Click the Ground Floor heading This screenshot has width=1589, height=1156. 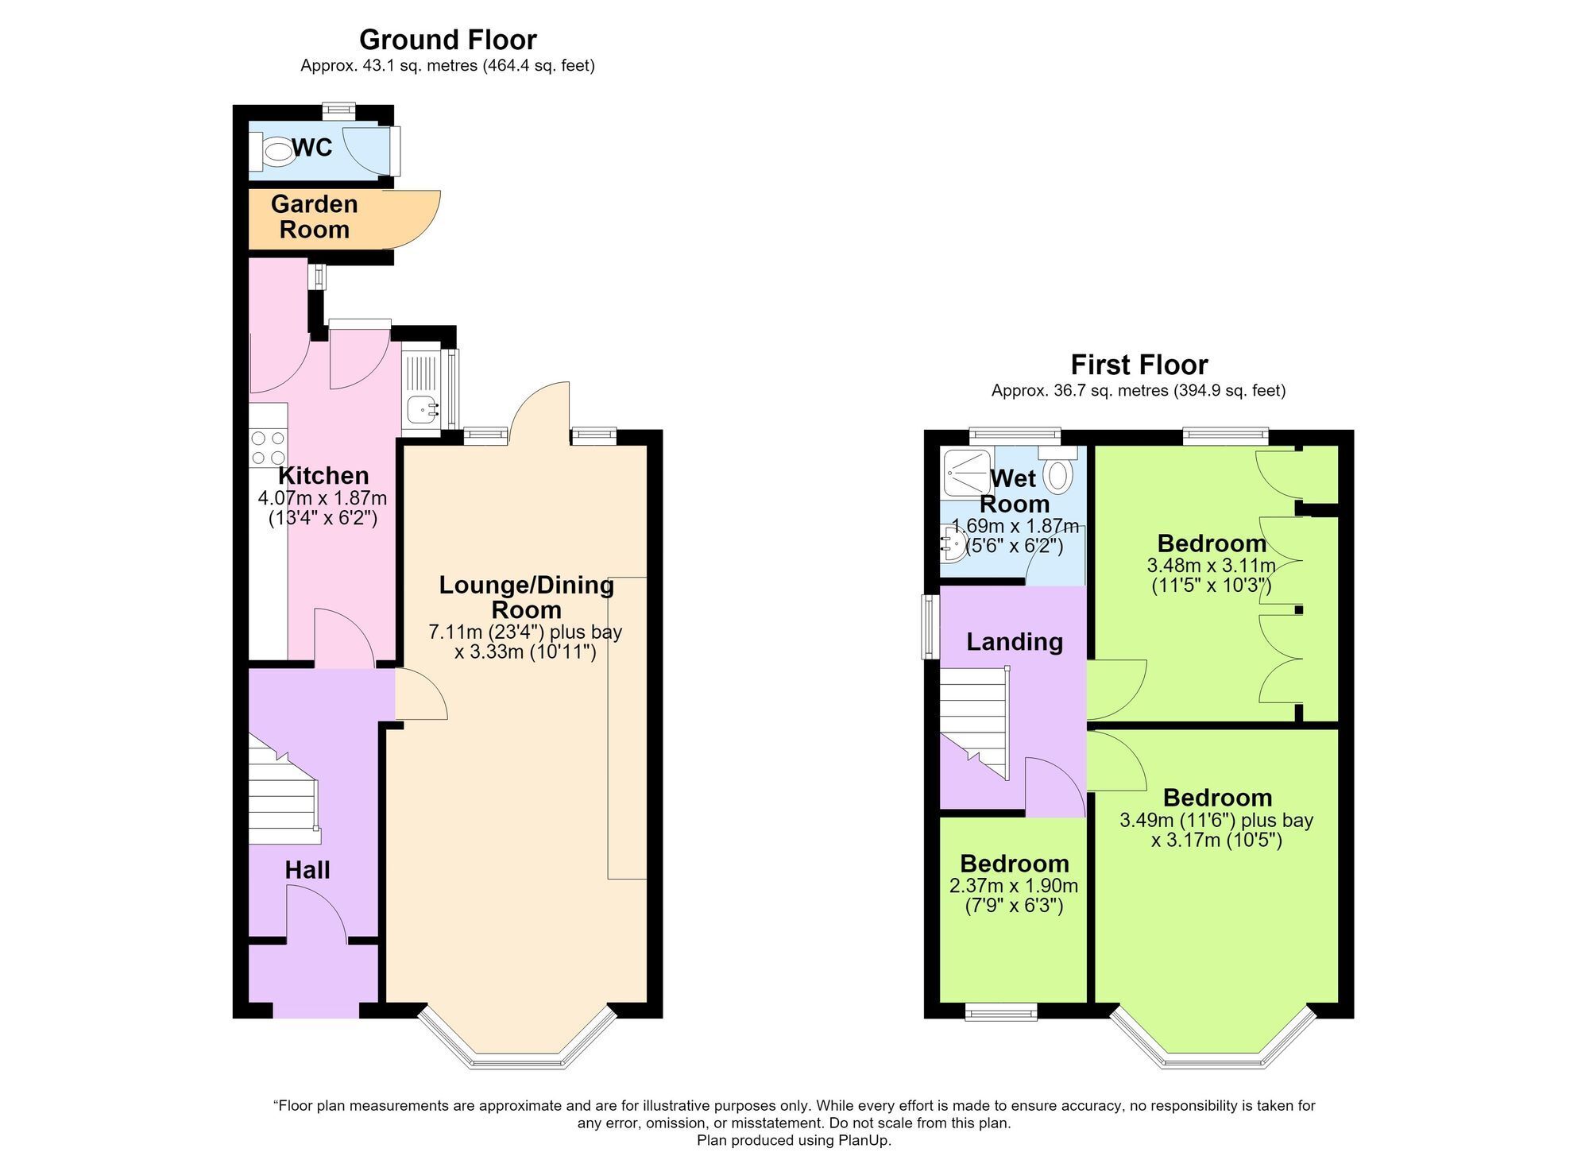(x=447, y=40)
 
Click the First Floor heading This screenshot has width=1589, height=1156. (x=1139, y=365)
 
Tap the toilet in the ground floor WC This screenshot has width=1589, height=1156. (x=272, y=151)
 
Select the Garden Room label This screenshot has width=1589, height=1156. (x=315, y=217)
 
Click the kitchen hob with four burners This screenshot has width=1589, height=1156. (x=268, y=447)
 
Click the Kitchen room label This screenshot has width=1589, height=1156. (x=323, y=476)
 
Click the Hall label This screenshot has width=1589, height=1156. (x=307, y=870)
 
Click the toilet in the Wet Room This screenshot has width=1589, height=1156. (x=1058, y=470)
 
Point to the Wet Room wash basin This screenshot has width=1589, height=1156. (x=953, y=543)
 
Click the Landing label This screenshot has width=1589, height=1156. (x=1015, y=642)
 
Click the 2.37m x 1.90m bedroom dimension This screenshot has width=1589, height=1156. (x=1014, y=886)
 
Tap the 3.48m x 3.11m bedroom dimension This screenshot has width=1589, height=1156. (x=1212, y=566)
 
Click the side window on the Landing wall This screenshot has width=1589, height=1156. (x=930, y=627)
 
